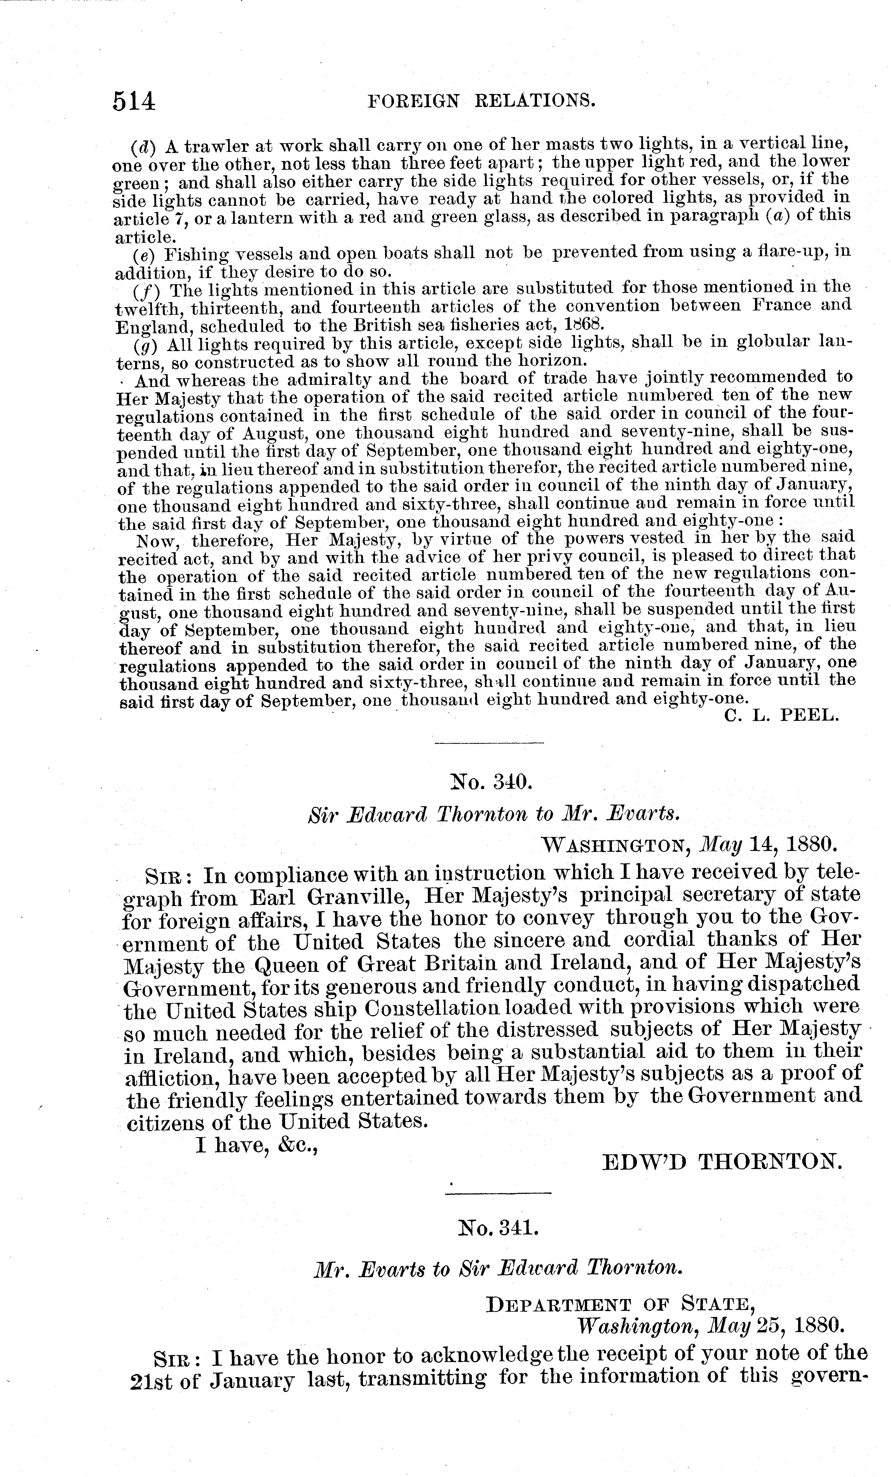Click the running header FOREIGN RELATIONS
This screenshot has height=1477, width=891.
[481, 100]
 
